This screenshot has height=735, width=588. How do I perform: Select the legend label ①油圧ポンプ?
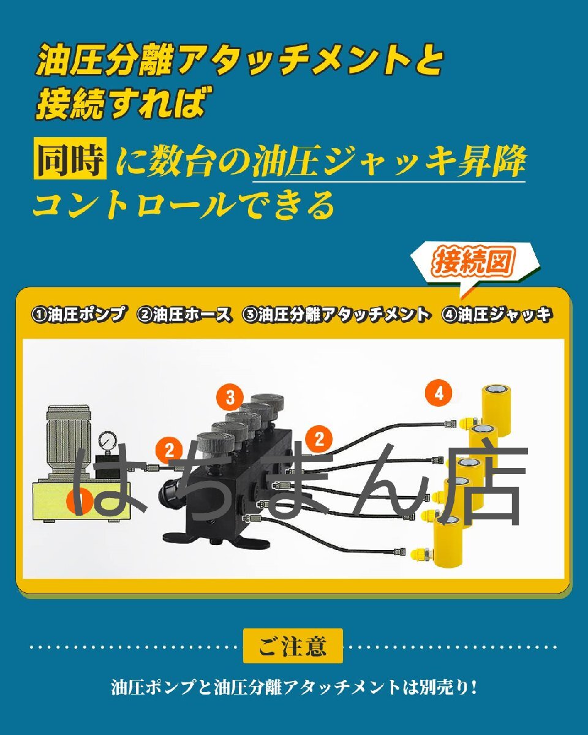point(79,315)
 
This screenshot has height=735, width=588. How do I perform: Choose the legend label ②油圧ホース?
point(185,315)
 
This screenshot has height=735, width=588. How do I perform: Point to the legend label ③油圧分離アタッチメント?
point(336,315)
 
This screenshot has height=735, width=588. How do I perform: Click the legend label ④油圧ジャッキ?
point(497,315)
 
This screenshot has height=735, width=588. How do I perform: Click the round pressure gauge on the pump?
point(109,441)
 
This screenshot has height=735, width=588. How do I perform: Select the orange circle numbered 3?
point(230,398)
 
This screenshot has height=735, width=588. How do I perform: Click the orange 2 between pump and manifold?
point(170,450)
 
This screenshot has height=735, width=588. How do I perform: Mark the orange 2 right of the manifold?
point(319,438)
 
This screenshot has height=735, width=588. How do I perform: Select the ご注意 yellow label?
point(293,646)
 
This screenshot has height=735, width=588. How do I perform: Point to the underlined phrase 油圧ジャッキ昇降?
point(389,162)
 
